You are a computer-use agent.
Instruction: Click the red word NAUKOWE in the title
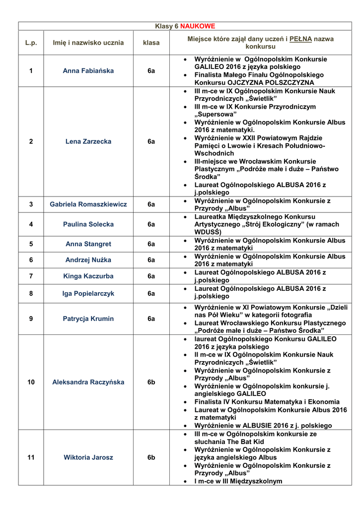pyautogui.click(x=198, y=26)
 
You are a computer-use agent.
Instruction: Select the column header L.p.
pyautogui.click(x=31, y=43)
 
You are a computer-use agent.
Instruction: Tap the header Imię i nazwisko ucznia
pyautogui.click(x=88, y=43)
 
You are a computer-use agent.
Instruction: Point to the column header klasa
pyautogui.click(x=151, y=43)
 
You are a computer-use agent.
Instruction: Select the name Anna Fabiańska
pyautogui.click(x=88, y=71)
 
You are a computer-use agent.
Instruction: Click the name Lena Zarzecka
pyautogui.click(x=88, y=141)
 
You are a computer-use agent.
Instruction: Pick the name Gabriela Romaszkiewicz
pyautogui.click(x=88, y=204)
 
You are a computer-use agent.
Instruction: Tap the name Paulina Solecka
pyautogui.click(x=88, y=224)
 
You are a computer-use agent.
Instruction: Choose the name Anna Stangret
pyautogui.click(x=88, y=244)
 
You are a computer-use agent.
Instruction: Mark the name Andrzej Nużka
pyautogui.click(x=88, y=260)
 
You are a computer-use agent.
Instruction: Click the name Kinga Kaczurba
pyautogui.click(x=88, y=276)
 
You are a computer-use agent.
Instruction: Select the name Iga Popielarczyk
pyautogui.click(x=88, y=294)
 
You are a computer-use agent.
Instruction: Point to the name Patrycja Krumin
pyautogui.click(x=88, y=319)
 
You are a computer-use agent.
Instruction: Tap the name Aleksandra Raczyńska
pyautogui.click(x=88, y=382)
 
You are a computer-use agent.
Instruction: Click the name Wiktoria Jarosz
pyautogui.click(x=88, y=457)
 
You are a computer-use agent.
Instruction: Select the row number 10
pyautogui.click(x=31, y=382)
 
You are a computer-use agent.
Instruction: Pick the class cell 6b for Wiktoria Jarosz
pyautogui.click(x=151, y=457)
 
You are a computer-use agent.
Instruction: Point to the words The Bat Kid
pyautogui.click(x=246, y=442)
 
